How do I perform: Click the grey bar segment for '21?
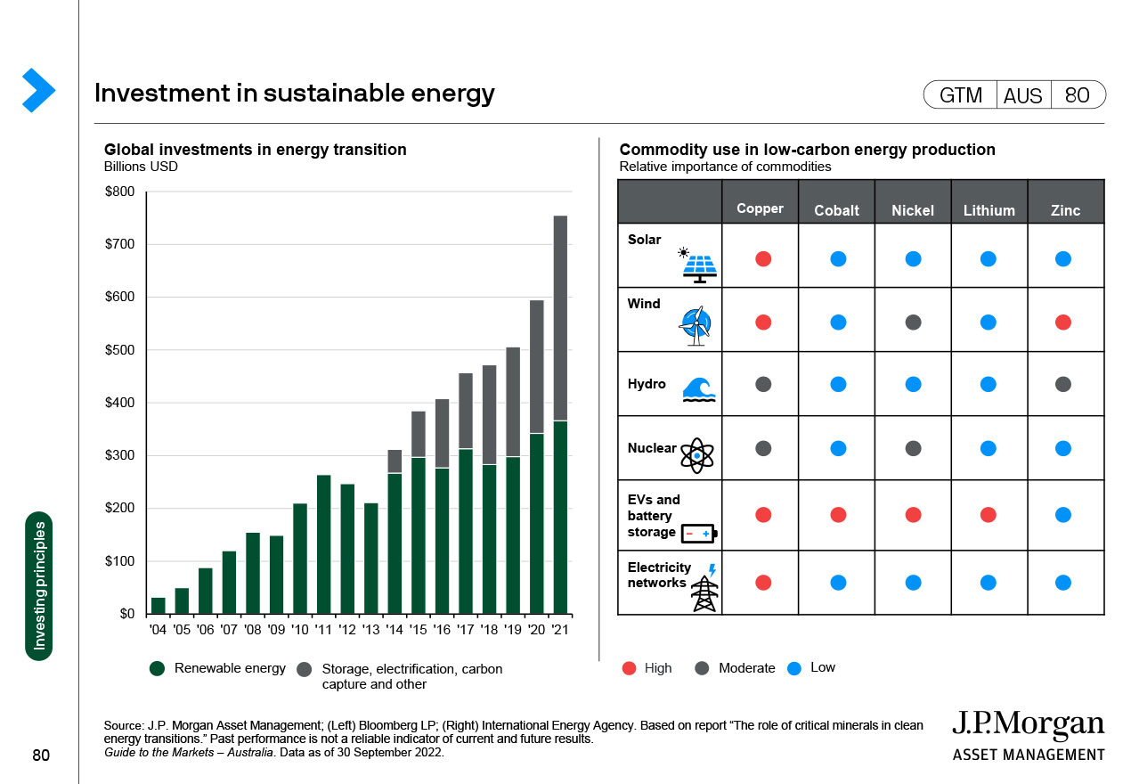coord(560,318)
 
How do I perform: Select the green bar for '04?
coord(159,606)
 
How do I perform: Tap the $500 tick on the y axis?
coord(119,350)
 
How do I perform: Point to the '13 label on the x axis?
coord(370,630)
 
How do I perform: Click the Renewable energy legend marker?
coord(158,669)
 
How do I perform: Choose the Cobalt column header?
coord(836,210)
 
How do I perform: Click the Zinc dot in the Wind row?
coord(1062,323)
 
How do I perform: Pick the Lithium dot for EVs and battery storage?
coord(988,515)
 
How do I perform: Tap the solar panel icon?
coord(699,265)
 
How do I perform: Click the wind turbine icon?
coord(696,326)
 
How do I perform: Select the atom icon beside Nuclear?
coord(696,455)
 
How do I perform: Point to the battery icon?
coord(698,534)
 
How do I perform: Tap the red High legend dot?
coord(630,668)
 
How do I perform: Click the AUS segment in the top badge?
coord(1022,95)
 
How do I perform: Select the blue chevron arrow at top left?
coord(38,90)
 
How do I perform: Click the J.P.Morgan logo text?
coord(1028,725)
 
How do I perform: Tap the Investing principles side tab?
coord(39,586)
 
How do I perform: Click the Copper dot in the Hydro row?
coord(763,384)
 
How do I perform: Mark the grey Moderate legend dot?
coord(703,668)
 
